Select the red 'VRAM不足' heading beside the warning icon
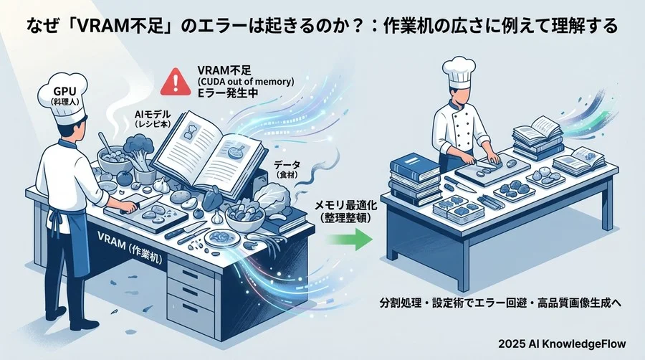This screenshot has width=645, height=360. tap(223, 71)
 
